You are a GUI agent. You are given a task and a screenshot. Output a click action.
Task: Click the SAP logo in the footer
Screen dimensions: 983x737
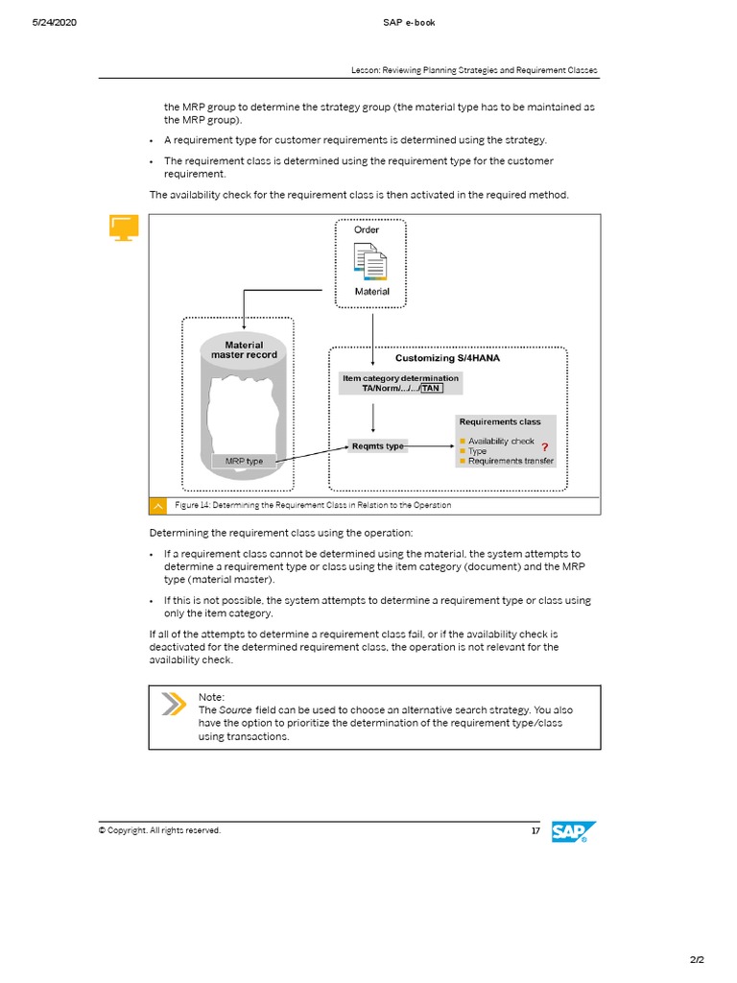pyautogui.click(x=574, y=832)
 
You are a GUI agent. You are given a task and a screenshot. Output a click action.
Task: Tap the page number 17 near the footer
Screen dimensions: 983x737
pyautogui.click(x=535, y=830)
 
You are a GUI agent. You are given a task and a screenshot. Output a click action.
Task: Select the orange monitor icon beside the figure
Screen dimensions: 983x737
pyautogui.click(x=123, y=228)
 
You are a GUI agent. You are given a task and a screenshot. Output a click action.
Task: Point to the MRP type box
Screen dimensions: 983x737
pyautogui.click(x=244, y=462)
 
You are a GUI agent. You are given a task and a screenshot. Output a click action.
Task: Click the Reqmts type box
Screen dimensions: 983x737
pyautogui.click(x=377, y=446)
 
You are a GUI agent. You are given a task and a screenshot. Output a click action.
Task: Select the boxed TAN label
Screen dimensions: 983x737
pyautogui.click(x=431, y=389)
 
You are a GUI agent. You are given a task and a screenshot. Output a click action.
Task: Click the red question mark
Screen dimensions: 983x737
pyautogui.click(x=545, y=447)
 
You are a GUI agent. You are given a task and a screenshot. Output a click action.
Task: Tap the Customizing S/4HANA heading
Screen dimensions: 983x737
pyautogui.click(x=447, y=358)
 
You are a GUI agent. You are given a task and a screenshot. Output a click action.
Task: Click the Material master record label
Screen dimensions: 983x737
pyautogui.click(x=244, y=349)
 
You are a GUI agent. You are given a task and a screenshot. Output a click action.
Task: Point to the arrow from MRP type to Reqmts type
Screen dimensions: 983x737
pyautogui.click(x=312, y=454)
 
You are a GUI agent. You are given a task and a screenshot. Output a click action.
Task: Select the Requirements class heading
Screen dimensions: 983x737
pyautogui.click(x=499, y=421)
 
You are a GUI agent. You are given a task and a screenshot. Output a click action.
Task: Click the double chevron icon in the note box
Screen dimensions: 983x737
pyautogui.click(x=173, y=704)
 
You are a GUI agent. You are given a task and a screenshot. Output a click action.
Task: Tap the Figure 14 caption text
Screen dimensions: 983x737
pyautogui.click(x=313, y=505)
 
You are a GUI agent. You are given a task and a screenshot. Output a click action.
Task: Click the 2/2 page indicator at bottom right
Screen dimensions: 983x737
pyautogui.click(x=696, y=959)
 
